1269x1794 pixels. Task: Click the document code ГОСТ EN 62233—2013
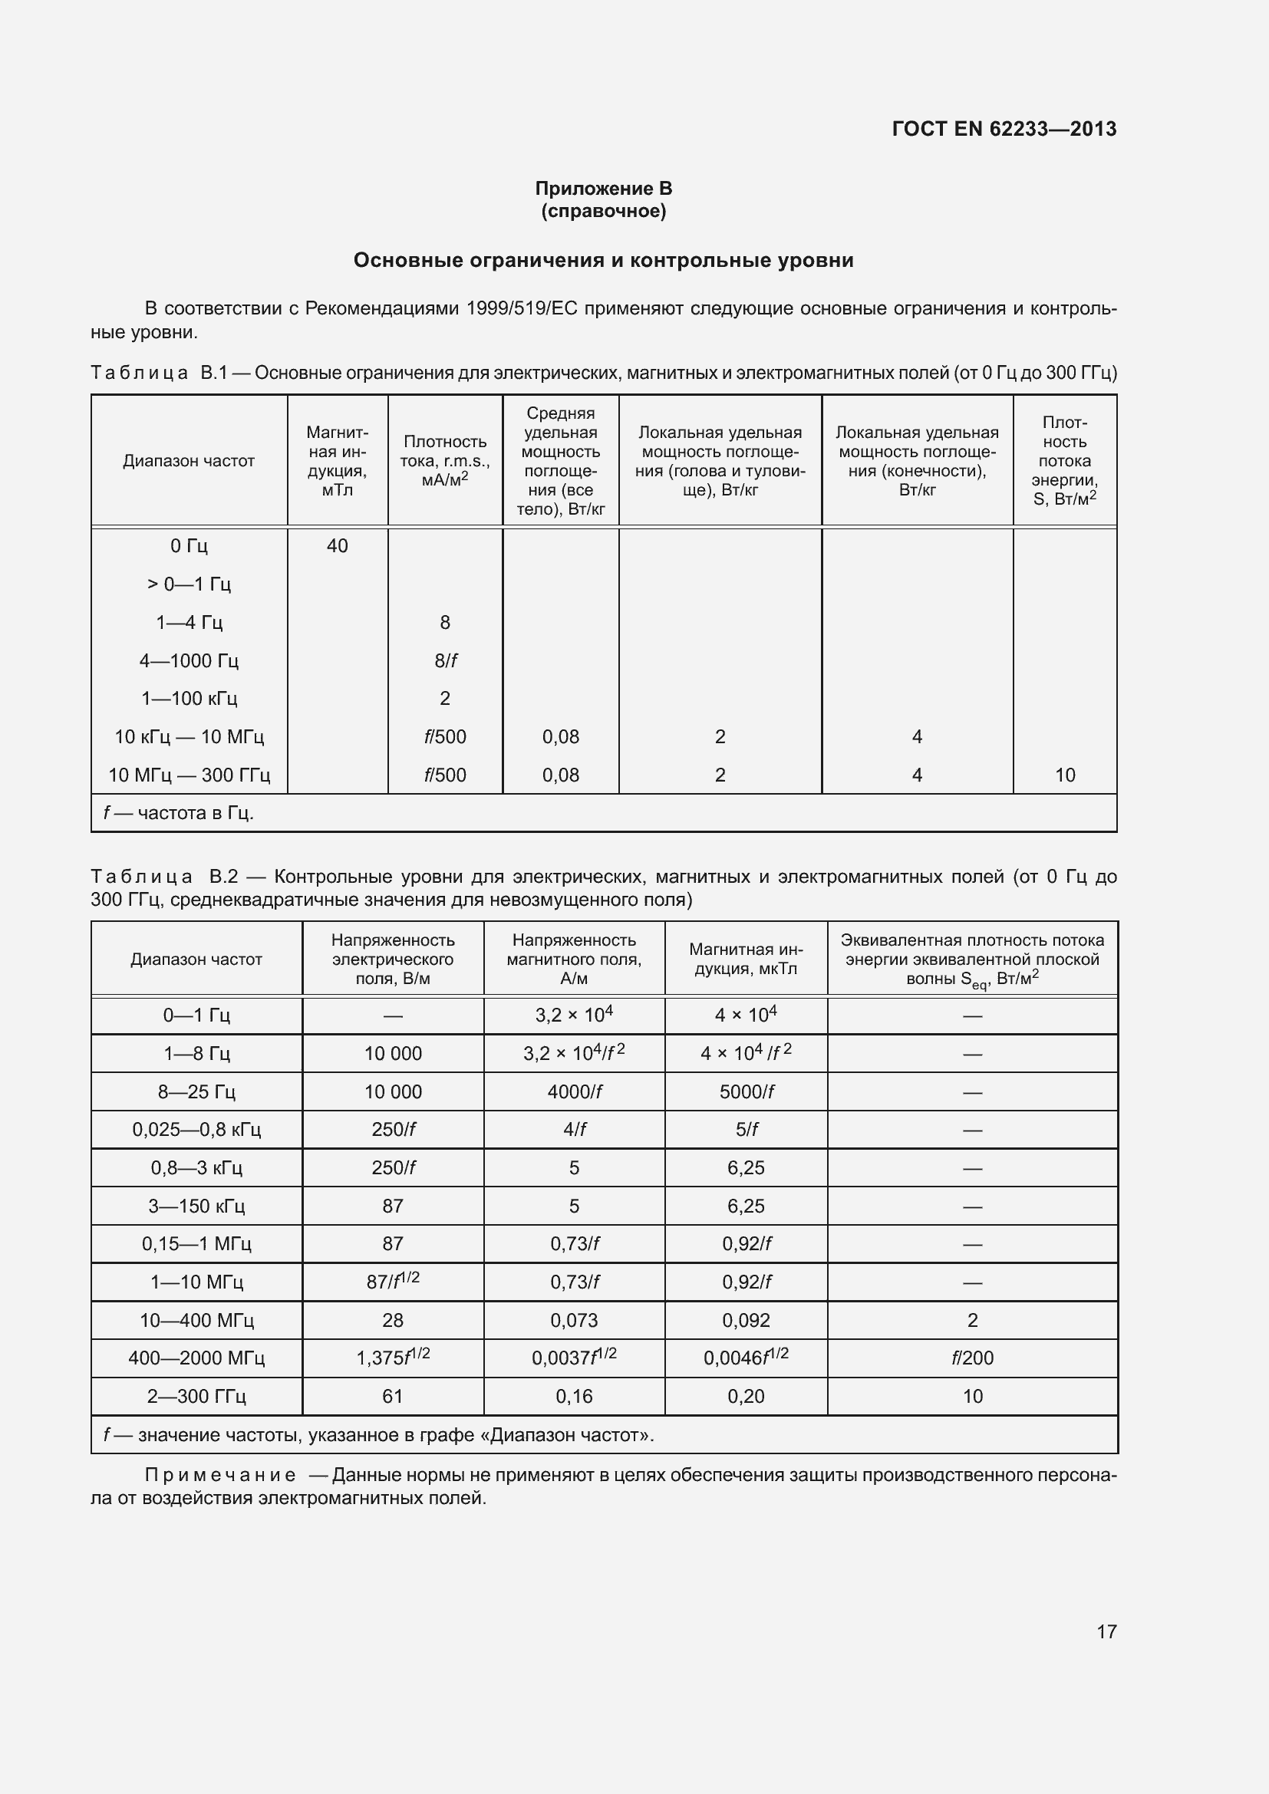click(1004, 129)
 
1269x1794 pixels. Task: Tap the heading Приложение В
click(603, 189)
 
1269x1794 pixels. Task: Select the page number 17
click(1106, 1631)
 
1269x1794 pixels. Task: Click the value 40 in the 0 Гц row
click(337, 545)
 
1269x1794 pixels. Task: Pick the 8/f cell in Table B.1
click(445, 660)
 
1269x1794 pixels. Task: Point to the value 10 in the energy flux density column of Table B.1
click(1064, 775)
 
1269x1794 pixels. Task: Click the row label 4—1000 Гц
click(188, 660)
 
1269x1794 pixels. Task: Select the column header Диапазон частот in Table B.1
click(188, 461)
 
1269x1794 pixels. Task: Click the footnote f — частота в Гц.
click(179, 813)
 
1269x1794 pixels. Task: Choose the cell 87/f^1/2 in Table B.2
click(392, 1282)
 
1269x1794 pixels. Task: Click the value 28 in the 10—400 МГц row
click(392, 1321)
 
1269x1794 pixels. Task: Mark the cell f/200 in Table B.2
click(972, 1358)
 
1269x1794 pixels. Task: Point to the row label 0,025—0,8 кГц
click(196, 1130)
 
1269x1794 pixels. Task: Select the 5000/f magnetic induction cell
click(747, 1091)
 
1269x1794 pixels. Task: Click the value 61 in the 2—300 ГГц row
click(392, 1396)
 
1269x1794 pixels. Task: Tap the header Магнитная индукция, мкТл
click(746, 959)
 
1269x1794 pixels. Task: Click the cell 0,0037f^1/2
click(574, 1358)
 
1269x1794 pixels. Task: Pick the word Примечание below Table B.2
click(220, 1475)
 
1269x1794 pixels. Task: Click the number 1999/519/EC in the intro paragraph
click(521, 308)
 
